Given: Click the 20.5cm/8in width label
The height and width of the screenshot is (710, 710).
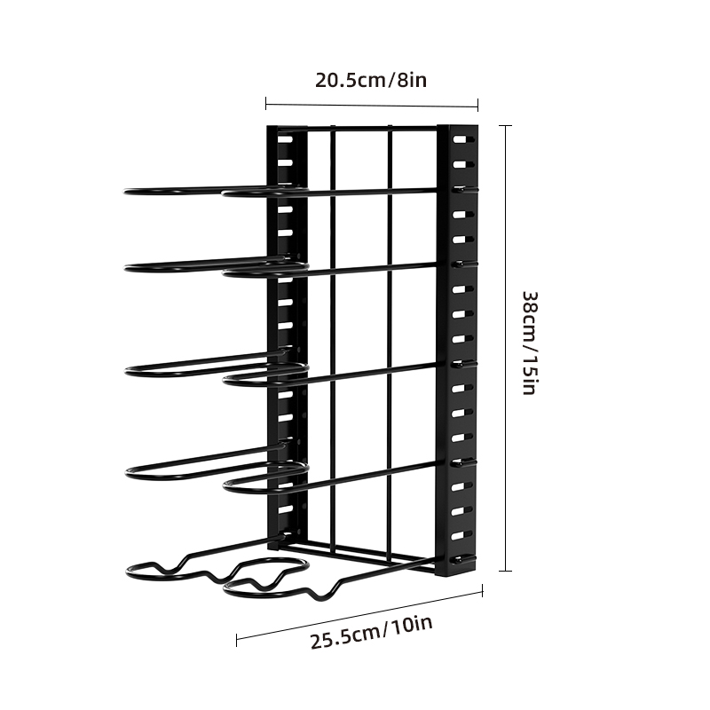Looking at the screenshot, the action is (x=371, y=80).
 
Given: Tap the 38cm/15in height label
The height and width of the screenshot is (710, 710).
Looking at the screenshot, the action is (x=529, y=343).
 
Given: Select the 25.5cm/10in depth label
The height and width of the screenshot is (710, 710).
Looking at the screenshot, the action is (x=371, y=632).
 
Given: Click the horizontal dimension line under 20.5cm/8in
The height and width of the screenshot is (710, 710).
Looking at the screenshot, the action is (x=372, y=105).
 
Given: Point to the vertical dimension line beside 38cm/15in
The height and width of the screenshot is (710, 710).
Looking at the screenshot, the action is (x=506, y=348).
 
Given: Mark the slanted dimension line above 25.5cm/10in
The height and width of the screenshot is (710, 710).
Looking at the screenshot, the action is (x=359, y=615).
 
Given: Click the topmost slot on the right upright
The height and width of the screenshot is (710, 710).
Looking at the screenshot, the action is (x=459, y=139).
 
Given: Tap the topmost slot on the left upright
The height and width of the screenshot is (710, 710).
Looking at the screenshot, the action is (x=285, y=138).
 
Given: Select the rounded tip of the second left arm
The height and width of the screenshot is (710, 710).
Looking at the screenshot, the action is (x=126, y=269).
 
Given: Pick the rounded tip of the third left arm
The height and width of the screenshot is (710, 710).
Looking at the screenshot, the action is (x=127, y=371).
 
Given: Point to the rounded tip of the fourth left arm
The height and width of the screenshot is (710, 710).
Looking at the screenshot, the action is (x=128, y=473).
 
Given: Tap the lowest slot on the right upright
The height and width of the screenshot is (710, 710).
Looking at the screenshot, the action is (x=458, y=560).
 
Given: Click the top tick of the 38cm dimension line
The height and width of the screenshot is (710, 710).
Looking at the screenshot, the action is (x=506, y=126).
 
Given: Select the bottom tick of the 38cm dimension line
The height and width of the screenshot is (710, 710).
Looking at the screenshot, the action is (x=506, y=571).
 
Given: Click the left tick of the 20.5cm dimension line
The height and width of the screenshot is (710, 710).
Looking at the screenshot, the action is (x=265, y=103).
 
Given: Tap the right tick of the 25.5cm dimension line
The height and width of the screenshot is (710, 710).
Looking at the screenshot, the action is (x=483, y=590).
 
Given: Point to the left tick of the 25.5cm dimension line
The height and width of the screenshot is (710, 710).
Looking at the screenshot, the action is (x=236, y=640).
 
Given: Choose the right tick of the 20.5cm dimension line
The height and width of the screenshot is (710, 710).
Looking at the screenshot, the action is (x=478, y=106).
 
